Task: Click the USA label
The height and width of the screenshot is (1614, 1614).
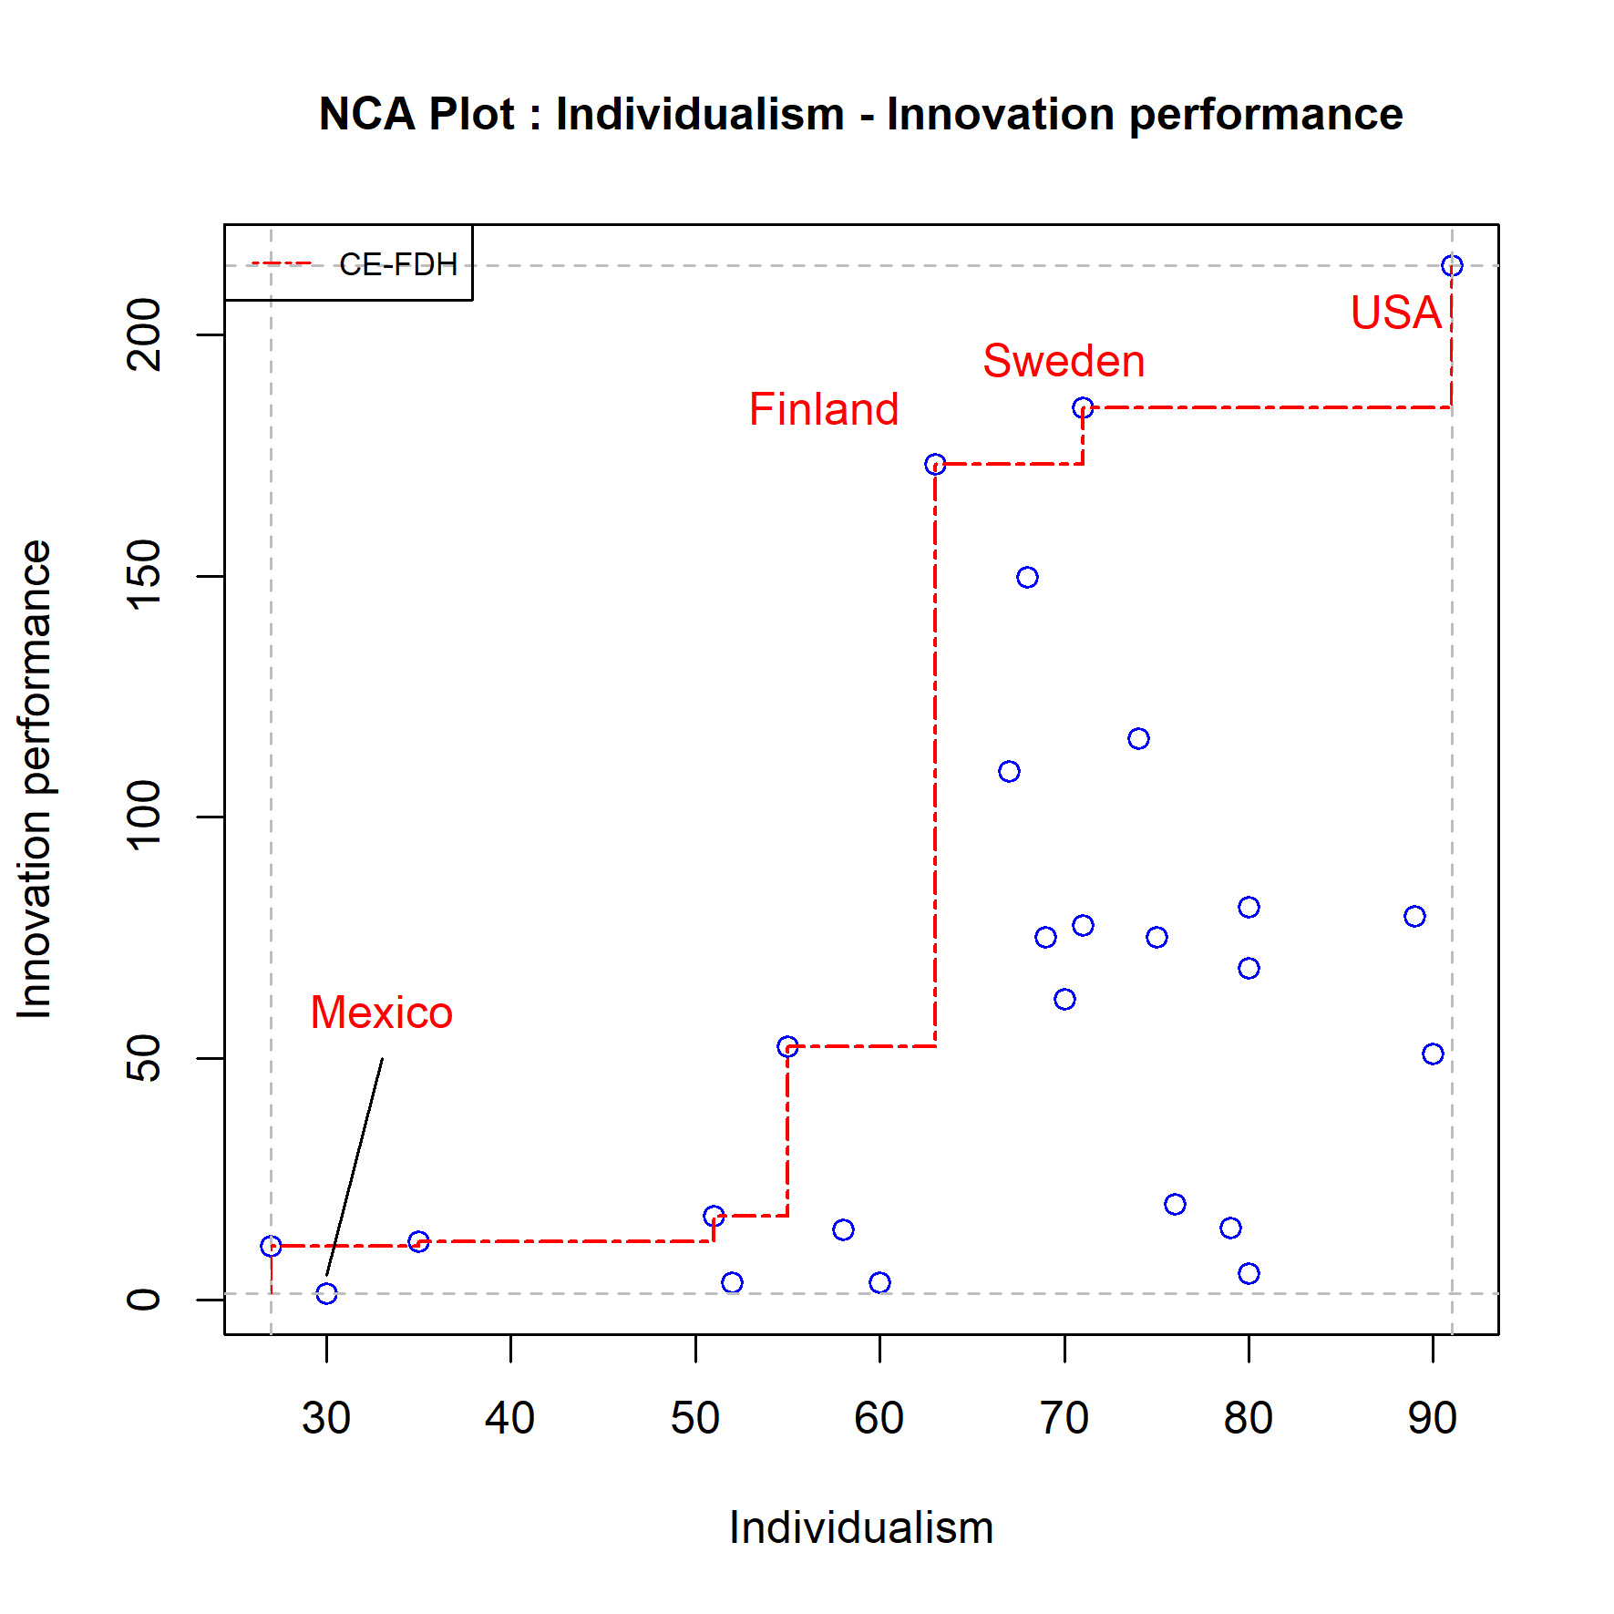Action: (x=1394, y=313)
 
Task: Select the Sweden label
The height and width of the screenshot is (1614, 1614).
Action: (x=1063, y=361)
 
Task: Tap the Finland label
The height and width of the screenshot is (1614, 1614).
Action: (x=823, y=409)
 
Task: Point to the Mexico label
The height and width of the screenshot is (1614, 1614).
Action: (x=381, y=1013)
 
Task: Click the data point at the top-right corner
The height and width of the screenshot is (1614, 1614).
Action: (x=1452, y=265)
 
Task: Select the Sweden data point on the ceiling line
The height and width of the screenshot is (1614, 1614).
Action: (x=1083, y=407)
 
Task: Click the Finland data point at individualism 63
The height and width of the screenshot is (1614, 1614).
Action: (x=935, y=465)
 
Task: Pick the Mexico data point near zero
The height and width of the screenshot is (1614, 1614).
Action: (x=326, y=1293)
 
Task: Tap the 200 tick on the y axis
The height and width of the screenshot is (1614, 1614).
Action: (x=144, y=334)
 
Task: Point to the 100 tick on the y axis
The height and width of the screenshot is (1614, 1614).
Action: (x=144, y=817)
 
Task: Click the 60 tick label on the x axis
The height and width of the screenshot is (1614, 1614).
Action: (x=879, y=1418)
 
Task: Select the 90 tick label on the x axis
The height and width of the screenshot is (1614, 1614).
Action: (x=1432, y=1418)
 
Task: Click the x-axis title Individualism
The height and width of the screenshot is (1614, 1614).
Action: (x=860, y=1528)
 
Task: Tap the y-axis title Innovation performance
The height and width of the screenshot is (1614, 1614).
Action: (x=35, y=779)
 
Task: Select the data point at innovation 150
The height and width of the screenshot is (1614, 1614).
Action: (x=1027, y=577)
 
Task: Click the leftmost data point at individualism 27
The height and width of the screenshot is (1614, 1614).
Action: (x=271, y=1246)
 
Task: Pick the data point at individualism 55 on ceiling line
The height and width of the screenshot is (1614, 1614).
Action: (x=787, y=1046)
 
